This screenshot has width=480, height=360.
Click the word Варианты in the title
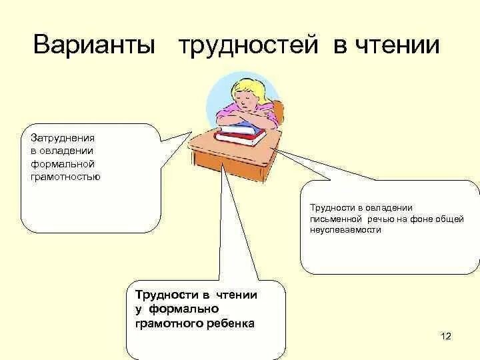[94, 46]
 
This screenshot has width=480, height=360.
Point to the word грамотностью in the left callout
[65, 177]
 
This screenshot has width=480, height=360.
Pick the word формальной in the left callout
[63, 164]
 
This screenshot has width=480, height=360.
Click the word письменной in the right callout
[336, 218]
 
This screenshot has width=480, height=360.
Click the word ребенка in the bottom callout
[231, 323]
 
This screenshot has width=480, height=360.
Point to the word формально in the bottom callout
[183, 309]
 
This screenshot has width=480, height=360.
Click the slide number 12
[446, 335]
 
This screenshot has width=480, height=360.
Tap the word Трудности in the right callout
[331, 207]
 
